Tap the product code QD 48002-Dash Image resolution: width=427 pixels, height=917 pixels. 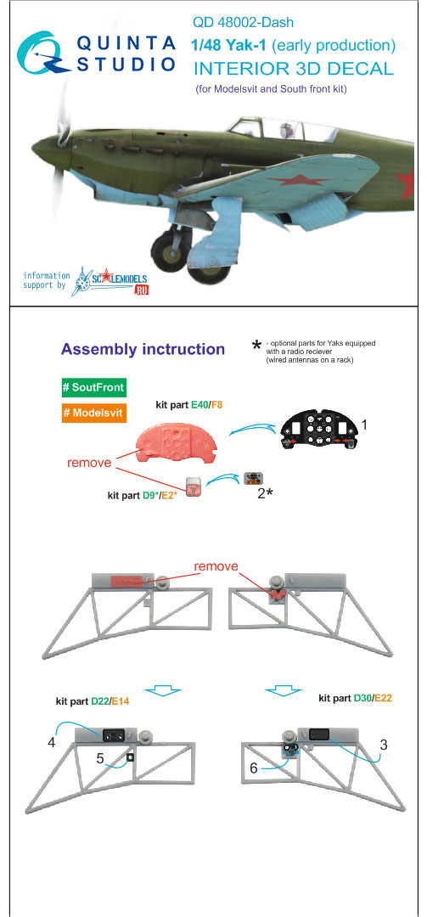243,23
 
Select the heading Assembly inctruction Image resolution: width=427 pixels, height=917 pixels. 143,349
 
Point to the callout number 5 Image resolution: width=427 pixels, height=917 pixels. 100,758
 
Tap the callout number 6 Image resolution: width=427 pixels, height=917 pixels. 253,768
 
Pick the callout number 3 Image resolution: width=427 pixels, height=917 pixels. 384,745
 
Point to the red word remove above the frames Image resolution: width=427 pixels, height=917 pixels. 216,566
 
